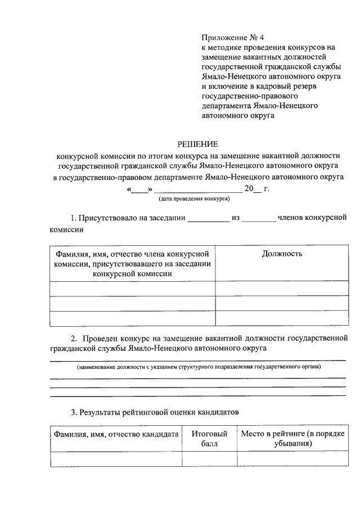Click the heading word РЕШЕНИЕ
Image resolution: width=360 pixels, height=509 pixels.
(197, 144)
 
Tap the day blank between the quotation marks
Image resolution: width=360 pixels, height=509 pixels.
(139, 188)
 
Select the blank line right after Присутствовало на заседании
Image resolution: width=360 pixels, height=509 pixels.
(208, 218)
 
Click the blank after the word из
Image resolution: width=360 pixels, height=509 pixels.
(260, 218)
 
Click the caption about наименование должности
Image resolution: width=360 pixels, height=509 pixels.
(199, 367)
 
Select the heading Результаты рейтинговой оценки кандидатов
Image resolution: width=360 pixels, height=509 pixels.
(155, 412)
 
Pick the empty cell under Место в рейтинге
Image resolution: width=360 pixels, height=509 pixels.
(292, 459)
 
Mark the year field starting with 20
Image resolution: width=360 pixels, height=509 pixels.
(253, 188)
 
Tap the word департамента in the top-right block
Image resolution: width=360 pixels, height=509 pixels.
(231, 105)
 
